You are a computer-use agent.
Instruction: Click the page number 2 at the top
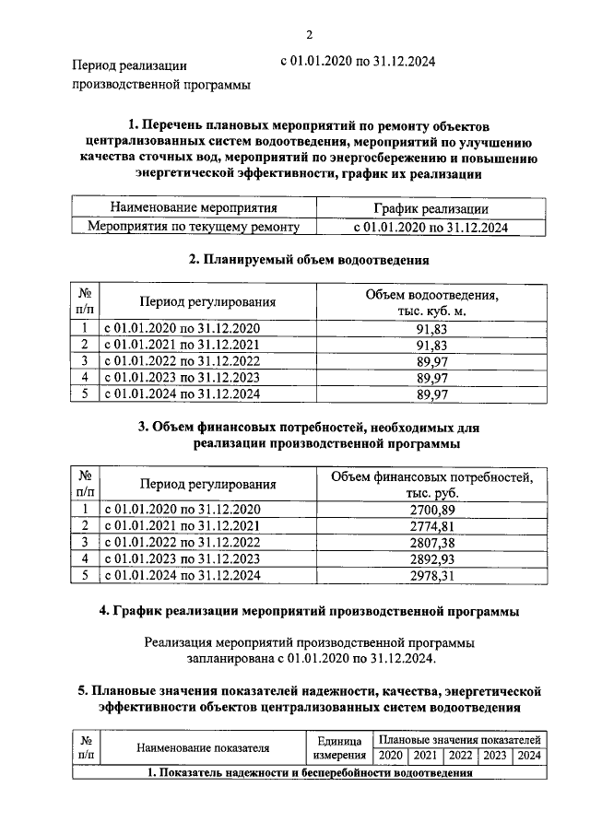click(x=310, y=35)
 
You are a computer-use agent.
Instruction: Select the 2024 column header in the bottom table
click(x=528, y=756)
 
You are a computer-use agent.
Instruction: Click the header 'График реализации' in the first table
click(x=431, y=209)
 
